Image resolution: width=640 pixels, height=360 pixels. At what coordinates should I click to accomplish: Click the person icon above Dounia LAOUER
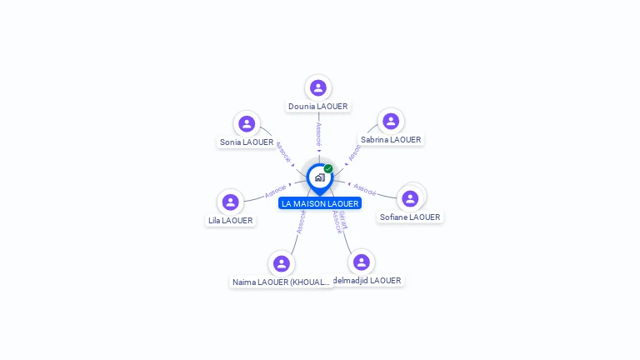click(x=318, y=87)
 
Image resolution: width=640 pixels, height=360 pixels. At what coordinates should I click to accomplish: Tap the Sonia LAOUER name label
click(x=247, y=142)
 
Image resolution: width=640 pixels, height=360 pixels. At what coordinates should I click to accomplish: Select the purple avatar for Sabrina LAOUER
click(x=391, y=121)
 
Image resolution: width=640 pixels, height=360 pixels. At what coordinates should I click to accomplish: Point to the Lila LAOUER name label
click(x=231, y=221)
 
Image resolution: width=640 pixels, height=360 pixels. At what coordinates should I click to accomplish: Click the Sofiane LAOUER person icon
click(x=410, y=198)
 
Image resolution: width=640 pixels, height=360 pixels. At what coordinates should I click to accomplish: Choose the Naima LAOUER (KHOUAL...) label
click(x=282, y=282)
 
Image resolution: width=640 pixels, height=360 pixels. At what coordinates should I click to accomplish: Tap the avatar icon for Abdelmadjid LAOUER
click(x=361, y=262)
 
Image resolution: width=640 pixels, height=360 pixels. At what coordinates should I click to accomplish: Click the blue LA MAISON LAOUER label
click(x=320, y=203)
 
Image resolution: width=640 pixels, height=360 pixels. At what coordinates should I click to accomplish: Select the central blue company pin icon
click(x=319, y=177)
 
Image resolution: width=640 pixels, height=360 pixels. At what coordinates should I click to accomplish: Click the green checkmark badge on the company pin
click(x=328, y=168)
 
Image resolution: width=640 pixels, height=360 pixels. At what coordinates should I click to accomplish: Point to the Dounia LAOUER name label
click(x=317, y=107)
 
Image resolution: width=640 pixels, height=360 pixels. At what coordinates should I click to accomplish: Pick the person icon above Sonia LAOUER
click(x=247, y=123)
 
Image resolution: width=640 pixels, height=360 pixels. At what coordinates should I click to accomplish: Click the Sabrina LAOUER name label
click(x=391, y=140)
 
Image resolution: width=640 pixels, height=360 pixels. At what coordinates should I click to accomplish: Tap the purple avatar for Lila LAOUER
click(x=231, y=202)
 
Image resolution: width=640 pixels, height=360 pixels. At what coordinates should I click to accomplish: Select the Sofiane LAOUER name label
click(x=410, y=217)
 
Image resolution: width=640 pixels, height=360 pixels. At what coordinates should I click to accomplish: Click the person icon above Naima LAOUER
click(x=282, y=263)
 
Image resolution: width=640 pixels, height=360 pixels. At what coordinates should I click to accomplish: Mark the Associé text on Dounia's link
click(x=318, y=134)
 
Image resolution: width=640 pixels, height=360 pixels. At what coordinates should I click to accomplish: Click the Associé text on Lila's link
click(x=276, y=192)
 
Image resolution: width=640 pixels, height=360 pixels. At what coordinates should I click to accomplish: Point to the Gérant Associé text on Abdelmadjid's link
click(x=340, y=222)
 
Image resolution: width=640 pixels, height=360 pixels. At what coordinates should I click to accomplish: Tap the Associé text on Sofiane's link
click(x=365, y=188)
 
